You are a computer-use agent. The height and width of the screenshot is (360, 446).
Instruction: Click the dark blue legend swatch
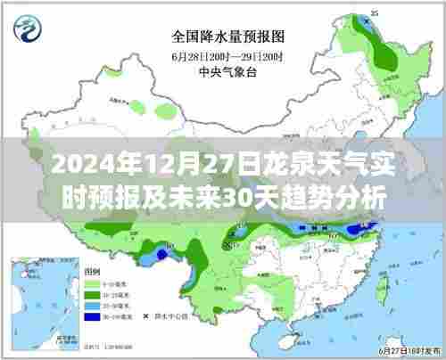pos(91,315)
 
